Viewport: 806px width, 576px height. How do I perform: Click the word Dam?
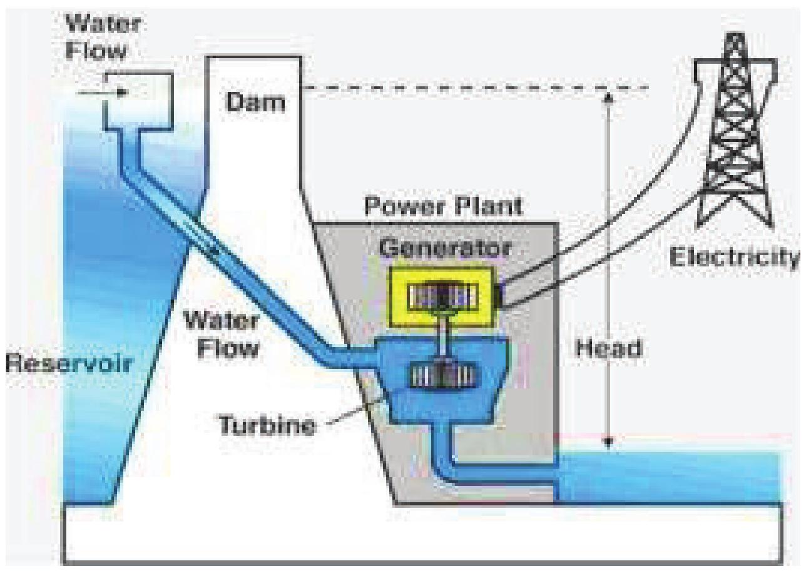coord(255,101)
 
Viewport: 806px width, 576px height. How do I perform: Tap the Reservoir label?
coord(69,365)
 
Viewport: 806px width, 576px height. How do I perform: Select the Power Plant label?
coord(443,206)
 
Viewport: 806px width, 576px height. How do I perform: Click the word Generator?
coord(444,247)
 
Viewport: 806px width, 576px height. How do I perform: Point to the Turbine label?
coord(266,425)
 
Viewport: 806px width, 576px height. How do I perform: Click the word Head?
coord(609,348)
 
